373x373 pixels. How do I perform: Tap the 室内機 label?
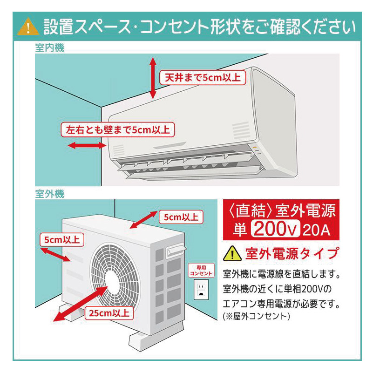pos(49,48)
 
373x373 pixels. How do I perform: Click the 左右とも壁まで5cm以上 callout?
pos(117,129)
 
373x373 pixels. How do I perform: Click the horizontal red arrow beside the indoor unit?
pos(87,146)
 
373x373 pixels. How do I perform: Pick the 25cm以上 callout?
pos(110,312)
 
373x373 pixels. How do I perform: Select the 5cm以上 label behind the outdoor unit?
pos(180,217)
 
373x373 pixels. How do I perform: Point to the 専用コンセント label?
pos(201,271)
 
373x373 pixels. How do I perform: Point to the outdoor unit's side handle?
pos(175,251)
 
